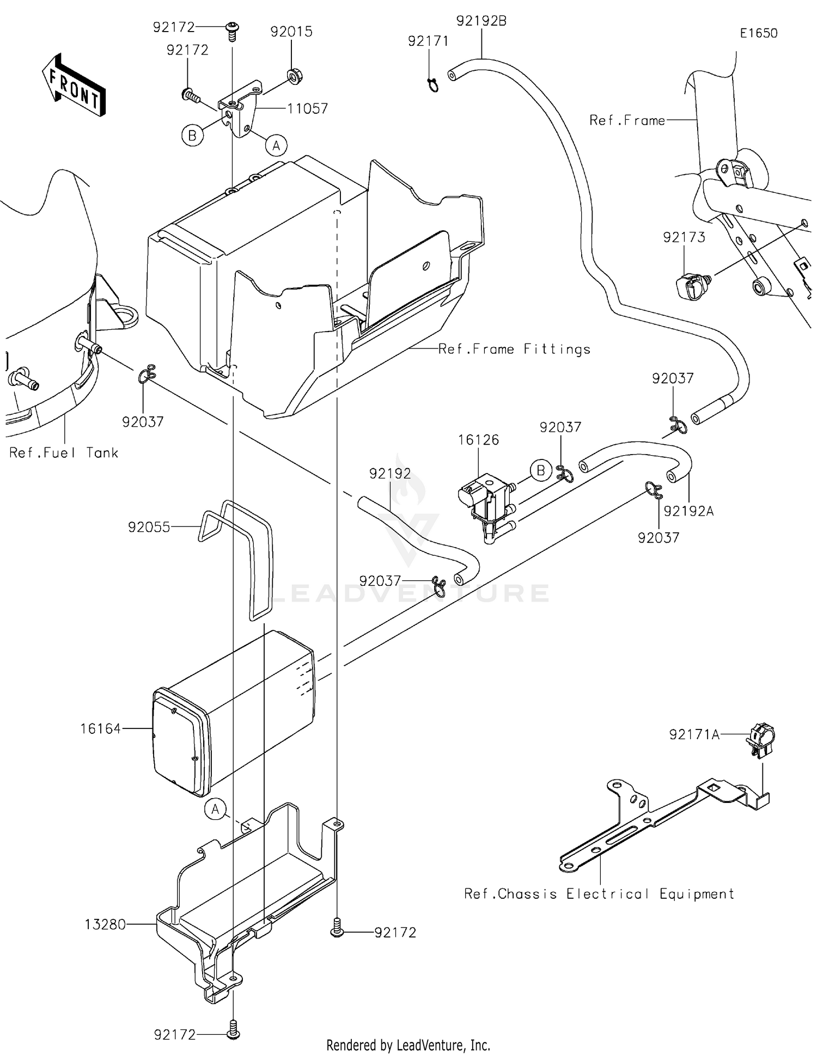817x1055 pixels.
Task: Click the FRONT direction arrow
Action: pos(74,85)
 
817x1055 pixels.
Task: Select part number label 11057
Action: pos(308,109)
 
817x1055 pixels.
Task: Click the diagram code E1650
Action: pos(758,33)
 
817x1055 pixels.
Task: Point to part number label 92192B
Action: pos(481,21)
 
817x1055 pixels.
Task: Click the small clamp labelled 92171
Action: pos(432,84)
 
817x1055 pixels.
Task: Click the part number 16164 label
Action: pos(101,729)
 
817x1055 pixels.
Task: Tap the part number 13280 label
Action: pos(105,924)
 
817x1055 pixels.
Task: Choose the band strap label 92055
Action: pos(149,527)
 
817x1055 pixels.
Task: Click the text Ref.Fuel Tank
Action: pos(64,453)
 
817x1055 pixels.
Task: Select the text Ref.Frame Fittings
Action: pos(514,349)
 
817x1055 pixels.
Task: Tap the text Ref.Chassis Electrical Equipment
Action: pos(599,894)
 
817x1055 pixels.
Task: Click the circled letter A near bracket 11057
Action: pos(276,145)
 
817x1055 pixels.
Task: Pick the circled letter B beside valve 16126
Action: pos(540,470)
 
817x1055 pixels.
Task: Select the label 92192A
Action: pos(688,511)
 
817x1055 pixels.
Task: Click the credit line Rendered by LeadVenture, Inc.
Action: pos(408,1045)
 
